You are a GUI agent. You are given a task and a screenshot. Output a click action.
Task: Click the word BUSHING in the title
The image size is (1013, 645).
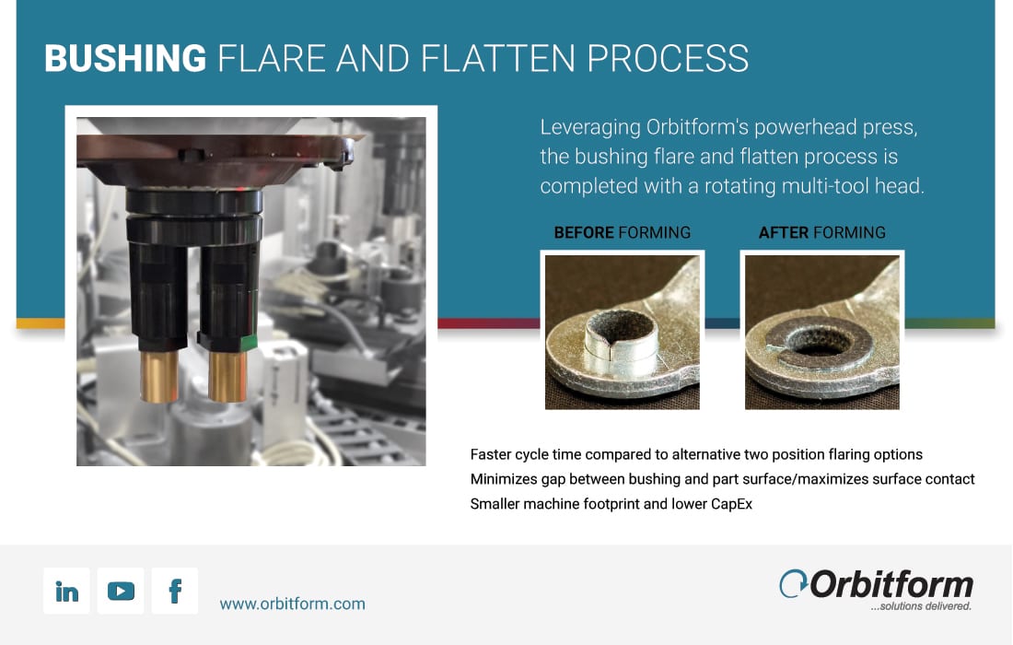(125, 58)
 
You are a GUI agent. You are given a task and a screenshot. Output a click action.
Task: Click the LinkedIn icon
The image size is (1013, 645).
(66, 591)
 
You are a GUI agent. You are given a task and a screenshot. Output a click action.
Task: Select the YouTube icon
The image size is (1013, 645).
(121, 591)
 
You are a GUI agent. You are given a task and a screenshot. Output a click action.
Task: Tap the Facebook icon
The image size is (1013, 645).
(175, 591)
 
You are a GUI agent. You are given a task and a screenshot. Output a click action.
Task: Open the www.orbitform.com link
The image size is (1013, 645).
(293, 604)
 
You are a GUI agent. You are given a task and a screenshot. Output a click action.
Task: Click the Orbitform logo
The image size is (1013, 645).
(876, 590)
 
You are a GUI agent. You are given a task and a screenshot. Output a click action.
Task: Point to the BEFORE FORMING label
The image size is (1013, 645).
(623, 233)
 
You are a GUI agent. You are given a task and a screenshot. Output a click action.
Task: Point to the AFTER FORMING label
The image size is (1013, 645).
(821, 233)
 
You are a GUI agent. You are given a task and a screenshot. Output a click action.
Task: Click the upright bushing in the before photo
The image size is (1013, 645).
(621, 343)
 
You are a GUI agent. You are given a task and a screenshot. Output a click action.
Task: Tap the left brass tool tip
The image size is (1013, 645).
(159, 376)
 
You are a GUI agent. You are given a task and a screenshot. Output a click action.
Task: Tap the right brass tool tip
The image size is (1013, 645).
(227, 376)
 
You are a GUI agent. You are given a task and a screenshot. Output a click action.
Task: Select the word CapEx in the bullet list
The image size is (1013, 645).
(731, 504)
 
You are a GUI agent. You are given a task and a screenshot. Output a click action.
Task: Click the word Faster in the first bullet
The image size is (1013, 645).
(490, 454)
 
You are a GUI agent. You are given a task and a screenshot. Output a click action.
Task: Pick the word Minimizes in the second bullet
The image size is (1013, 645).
(503, 479)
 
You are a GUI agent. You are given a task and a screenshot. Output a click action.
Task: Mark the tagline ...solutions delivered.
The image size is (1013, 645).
(921, 606)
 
